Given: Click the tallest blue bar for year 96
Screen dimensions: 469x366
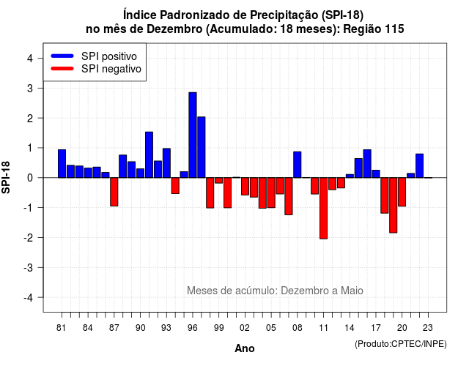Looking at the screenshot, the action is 193,135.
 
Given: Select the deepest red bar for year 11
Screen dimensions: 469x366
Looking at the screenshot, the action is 323,208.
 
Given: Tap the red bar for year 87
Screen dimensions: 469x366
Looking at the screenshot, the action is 114,192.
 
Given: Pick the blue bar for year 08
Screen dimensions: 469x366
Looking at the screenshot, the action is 298,165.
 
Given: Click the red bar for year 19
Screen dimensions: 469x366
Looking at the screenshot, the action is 394,205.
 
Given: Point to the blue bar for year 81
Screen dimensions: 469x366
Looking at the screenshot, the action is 62,163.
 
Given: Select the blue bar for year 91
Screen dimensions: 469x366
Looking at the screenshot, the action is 149,154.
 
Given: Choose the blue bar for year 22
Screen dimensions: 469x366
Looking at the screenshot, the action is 419,166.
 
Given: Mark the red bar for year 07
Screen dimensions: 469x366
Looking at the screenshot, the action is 289,196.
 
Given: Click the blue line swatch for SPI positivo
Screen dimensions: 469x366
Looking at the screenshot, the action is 62,56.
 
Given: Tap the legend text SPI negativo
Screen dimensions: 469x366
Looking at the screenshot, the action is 111,69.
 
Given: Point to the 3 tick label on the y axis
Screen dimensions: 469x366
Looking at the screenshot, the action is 30,89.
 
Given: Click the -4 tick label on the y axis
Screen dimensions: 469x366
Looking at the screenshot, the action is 29,298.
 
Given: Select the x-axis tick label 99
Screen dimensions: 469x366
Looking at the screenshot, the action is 219,328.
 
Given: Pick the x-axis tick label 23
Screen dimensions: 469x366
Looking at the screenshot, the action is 428,328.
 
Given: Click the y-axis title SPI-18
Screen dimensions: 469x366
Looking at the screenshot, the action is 6,177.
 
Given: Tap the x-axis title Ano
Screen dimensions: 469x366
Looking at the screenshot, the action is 245,348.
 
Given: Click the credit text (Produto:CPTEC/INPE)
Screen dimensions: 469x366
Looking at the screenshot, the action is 401,344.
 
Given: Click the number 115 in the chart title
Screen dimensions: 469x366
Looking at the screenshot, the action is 394,29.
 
